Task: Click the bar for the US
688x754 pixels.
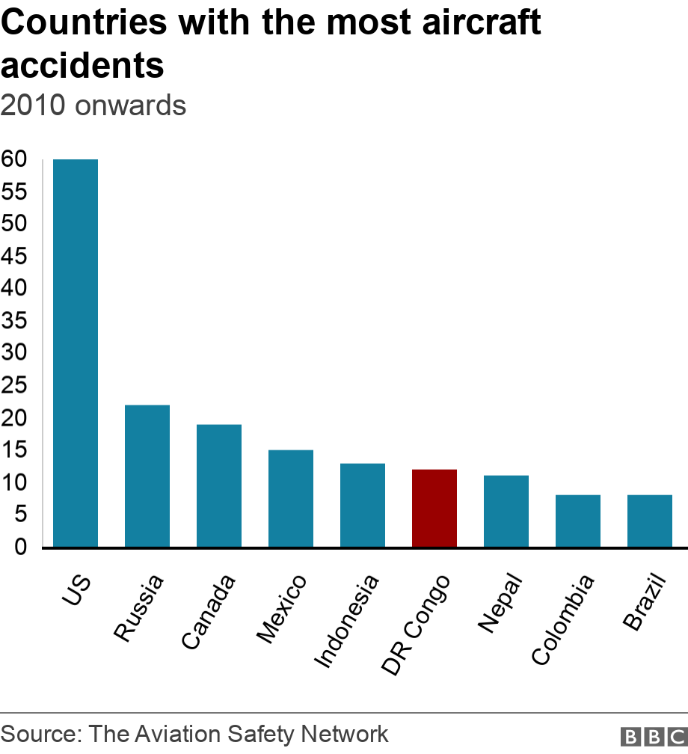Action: coord(76,353)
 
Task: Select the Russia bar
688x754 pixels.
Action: coord(147,476)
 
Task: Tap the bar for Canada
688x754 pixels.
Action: coord(219,485)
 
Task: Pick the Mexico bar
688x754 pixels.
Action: coord(291,498)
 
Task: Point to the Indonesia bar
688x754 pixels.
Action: coord(363,505)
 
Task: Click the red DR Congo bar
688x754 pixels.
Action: coord(434,508)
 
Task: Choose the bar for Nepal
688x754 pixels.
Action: coord(506,511)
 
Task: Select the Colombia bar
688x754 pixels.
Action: coord(578,521)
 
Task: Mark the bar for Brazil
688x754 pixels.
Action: coord(650,521)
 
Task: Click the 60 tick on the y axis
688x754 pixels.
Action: coord(15,159)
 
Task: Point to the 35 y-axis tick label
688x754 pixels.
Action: coord(15,321)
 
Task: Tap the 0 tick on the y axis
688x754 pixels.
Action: coord(21,547)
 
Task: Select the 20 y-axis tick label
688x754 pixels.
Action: coord(15,418)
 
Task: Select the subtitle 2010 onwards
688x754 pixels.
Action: coord(93,105)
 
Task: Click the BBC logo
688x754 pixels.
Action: coord(653,736)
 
